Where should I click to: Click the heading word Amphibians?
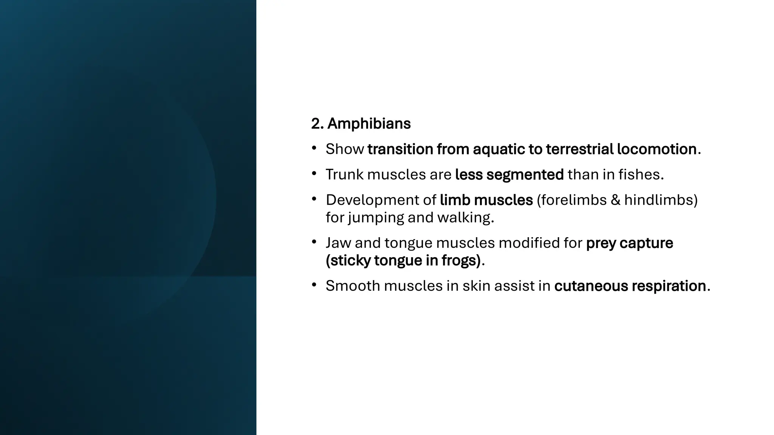tap(368, 124)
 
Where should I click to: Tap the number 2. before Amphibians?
tap(317, 124)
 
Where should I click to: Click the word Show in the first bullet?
tap(345, 149)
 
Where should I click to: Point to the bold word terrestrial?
tap(579, 149)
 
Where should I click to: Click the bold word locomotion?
tap(657, 149)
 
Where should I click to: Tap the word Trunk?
tap(344, 174)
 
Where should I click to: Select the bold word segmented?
tap(525, 174)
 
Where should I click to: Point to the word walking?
tap(465, 218)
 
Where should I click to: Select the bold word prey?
tap(601, 243)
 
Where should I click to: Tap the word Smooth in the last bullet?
tap(352, 286)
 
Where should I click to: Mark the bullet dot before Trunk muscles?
tap(314, 174)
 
